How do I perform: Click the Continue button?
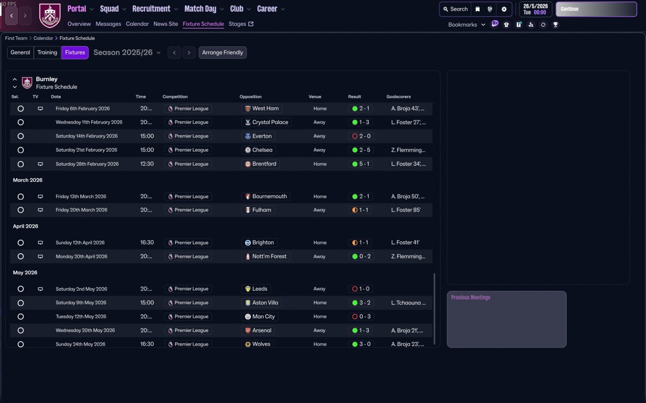pyautogui.click(x=596, y=9)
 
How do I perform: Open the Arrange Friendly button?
pyautogui.click(x=223, y=52)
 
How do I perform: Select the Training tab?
pyautogui.click(x=47, y=52)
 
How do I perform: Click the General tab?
pyautogui.click(x=20, y=52)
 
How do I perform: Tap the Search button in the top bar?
pyautogui.click(x=455, y=9)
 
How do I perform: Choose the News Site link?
pyautogui.click(x=166, y=24)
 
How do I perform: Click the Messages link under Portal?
pyautogui.click(x=108, y=24)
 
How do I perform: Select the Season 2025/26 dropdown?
pyautogui.click(x=127, y=52)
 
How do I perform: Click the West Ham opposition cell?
pyautogui.click(x=261, y=108)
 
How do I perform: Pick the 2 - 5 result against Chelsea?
pyautogui.click(x=361, y=150)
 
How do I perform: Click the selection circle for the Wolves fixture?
pyautogui.click(x=21, y=344)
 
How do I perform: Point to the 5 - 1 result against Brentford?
pyautogui.click(x=361, y=164)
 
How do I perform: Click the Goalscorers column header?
pyautogui.click(x=399, y=97)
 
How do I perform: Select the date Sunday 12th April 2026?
pyautogui.click(x=80, y=242)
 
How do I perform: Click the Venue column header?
pyautogui.click(x=315, y=97)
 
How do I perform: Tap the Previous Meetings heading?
pyautogui.click(x=470, y=297)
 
